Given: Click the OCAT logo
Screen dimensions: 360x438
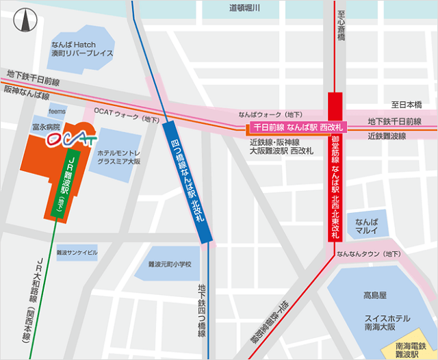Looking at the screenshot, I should click(70, 139).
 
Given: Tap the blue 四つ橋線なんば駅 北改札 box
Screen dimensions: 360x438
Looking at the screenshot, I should click(186, 181).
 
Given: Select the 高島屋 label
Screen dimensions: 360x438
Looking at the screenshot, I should click(375, 296).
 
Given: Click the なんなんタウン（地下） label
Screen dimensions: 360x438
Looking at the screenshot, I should click(368, 254).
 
